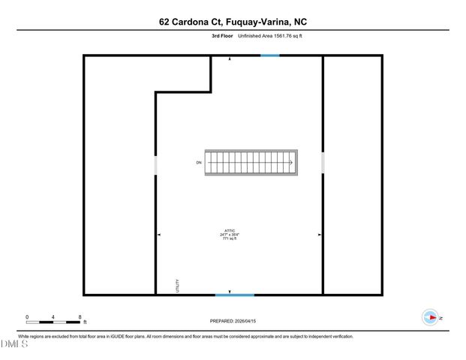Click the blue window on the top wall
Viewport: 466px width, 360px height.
(x=270, y=55)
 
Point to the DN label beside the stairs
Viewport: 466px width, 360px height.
(x=199, y=163)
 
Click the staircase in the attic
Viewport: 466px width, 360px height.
(x=253, y=163)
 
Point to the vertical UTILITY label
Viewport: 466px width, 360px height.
(x=177, y=286)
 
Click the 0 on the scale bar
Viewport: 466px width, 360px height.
(x=27, y=317)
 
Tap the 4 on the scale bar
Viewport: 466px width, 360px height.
(x=53, y=317)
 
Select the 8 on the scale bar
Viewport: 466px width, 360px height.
(x=80, y=317)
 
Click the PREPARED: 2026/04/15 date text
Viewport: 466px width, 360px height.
(x=233, y=321)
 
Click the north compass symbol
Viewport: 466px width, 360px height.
(x=430, y=318)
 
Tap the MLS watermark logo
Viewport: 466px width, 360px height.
(x=14, y=344)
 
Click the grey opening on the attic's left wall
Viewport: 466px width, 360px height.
(x=155, y=164)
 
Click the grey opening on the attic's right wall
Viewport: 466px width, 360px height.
(x=323, y=162)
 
